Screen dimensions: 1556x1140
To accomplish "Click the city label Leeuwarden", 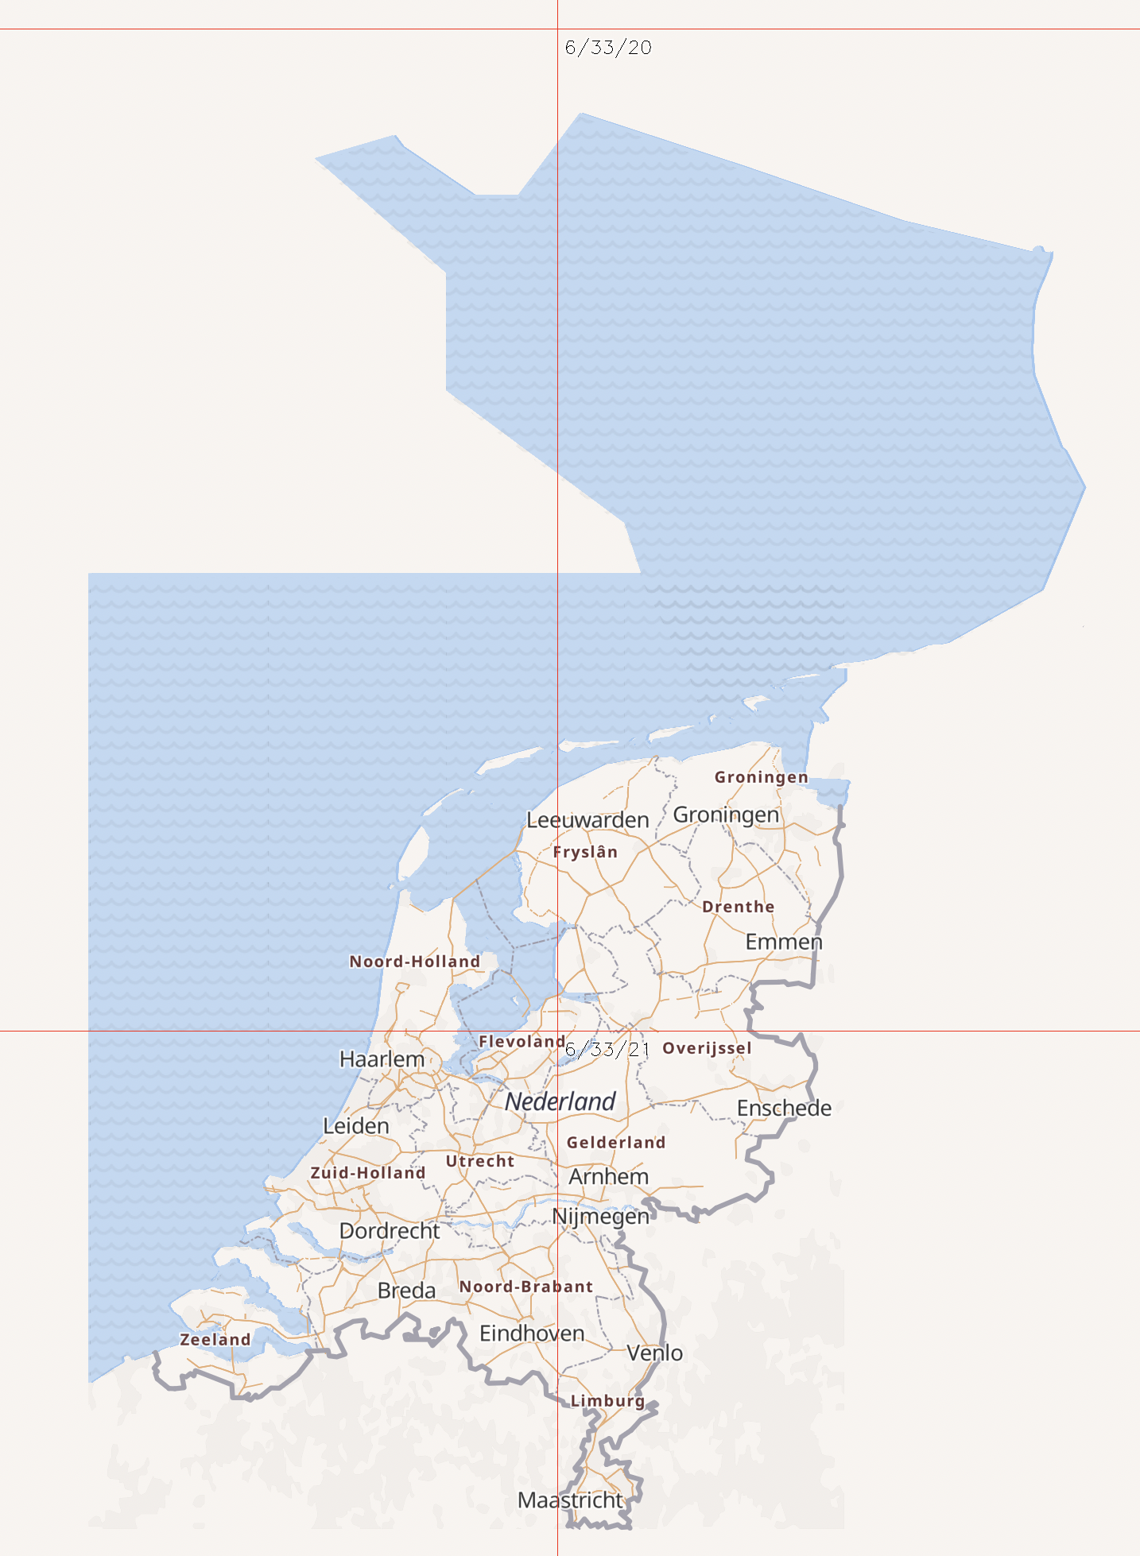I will [x=587, y=820].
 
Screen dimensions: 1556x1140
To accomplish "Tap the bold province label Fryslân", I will [x=585, y=852].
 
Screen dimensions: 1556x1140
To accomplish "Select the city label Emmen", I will [x=783, y=942].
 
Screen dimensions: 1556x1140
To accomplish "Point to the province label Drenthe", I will [x=738, y=907].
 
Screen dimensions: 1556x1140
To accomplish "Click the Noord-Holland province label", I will [x=414, y=962].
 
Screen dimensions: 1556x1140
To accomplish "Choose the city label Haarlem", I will [x=382, y=1059].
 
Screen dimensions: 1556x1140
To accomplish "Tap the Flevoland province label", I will [x=522, y=1041].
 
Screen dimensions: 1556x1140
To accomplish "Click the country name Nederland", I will [x=560, y=1101].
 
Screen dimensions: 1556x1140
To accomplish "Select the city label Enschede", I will [x=784, y=1108].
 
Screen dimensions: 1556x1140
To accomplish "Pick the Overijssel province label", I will [x=707, y=1048].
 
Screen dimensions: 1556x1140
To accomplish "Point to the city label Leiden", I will [x=355, y=1126].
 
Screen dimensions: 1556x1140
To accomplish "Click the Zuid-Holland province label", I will [x=368, y=1173].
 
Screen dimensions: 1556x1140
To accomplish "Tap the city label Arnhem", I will [x=608, y=1177].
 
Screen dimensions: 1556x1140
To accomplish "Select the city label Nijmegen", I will [x=600, y=1217].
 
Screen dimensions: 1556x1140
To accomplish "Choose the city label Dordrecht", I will [x=390, y=1231].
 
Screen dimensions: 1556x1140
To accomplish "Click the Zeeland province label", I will [x=215, y=1340].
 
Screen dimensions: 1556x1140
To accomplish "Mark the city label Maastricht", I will [x=570, y=1500].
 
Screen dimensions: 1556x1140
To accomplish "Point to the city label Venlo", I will [x=654, y=1353].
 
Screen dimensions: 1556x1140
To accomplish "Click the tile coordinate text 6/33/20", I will [x=608, y=48].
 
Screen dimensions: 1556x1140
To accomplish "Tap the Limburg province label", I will [x=607, y=1401].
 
